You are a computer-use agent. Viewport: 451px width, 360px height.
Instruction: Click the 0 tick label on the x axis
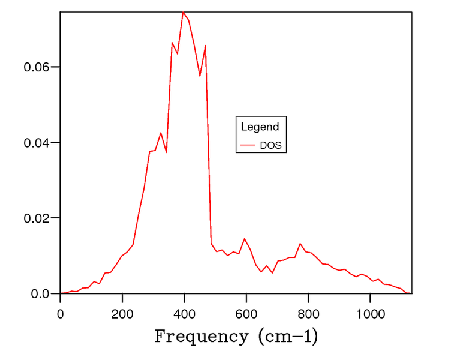pos(60,314)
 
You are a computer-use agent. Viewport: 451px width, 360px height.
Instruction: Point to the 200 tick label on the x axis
pos(122,314)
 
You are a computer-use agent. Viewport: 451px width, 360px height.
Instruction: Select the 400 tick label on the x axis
pos(184,314)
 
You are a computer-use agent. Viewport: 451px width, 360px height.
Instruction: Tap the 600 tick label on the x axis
pos(246,314)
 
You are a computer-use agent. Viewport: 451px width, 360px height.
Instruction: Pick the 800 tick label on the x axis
pos(308,314)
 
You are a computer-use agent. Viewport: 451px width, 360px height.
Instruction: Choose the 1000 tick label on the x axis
pos(370,314)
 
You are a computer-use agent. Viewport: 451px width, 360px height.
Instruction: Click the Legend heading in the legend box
pos(260,127)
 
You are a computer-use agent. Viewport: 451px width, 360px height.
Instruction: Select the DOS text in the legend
pos(270,145)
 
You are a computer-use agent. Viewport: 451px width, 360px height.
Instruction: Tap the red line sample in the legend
pos(248,145)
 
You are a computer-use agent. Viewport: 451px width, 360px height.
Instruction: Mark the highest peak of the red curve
pos(183,12)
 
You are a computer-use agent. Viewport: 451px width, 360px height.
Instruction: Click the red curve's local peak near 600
pos(244,239)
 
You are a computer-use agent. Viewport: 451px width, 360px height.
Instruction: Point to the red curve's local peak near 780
pos(300,244)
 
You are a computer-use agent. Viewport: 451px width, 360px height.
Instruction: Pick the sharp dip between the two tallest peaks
pos(200,76)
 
